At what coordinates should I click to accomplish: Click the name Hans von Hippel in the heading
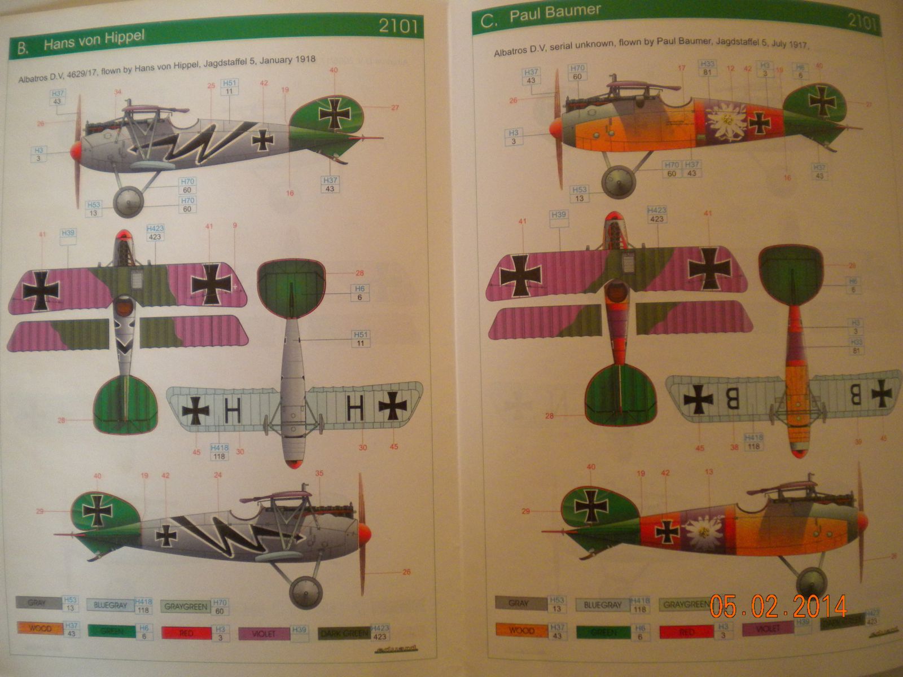pyautogui.click(x=94, y=41)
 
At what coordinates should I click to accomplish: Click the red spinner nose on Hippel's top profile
pyautogui.click(x=75, y=150)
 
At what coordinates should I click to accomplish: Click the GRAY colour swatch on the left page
pyautogui.click(x=37, y=603)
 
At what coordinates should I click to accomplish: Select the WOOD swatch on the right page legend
pyautogui.click(x=521, y=630)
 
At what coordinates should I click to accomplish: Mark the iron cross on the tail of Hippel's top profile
pyautogui.click(x=335, y=113)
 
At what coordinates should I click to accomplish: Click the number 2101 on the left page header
pyautogui.click(x=398, y=26)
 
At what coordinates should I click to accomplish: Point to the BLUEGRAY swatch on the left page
pyautogui.click(x=110, y=605)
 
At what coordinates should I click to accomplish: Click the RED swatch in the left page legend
pyautogui.click(x=186, y=633)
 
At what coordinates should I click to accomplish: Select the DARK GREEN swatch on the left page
pyautogui.click(x=344, y=634)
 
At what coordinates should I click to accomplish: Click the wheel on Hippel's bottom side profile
pyautogui.click(x=305, y=592)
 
